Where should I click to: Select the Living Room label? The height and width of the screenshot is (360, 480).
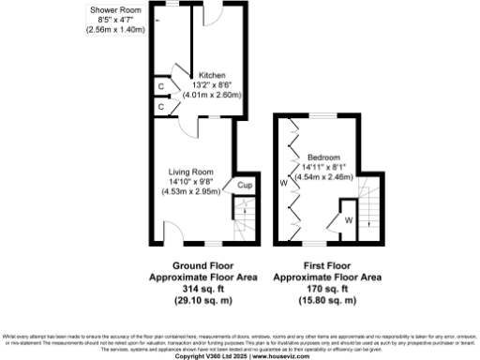coord(191,172)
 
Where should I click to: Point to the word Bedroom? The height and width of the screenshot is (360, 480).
coord(323,157)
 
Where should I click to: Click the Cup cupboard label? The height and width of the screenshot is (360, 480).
coord(243,186)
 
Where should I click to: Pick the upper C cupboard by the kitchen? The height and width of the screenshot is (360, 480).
coord(162,87)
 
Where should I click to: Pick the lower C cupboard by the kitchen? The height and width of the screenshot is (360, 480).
coord(162,107)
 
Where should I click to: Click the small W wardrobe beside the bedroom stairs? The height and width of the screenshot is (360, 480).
coord(348,220)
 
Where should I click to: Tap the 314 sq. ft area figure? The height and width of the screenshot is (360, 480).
coord(191,289)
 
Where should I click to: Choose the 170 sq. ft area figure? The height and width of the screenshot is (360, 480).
coord(326,289)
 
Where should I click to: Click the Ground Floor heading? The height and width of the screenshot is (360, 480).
coord(191,266)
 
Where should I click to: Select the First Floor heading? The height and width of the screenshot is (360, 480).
coord(326,266)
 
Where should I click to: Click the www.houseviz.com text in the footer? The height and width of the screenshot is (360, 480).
coord(278,356)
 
